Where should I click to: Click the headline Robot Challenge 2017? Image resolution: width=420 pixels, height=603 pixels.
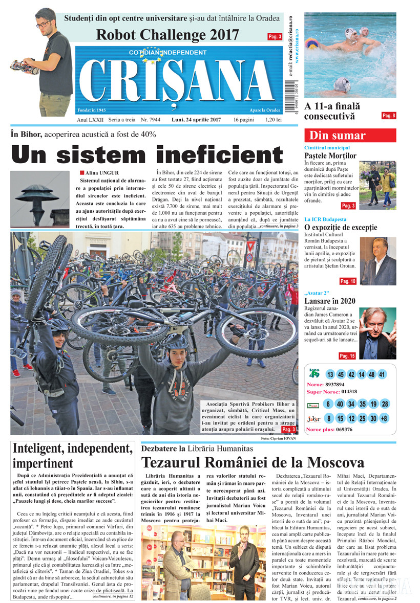[167, 35]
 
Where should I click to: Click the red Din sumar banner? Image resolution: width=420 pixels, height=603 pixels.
[350, 136]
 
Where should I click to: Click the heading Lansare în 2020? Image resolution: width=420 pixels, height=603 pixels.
[330, 301]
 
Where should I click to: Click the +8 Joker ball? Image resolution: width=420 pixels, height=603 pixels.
[384, 419]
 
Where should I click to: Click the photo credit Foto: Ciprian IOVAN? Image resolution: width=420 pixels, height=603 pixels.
[279, 439]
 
